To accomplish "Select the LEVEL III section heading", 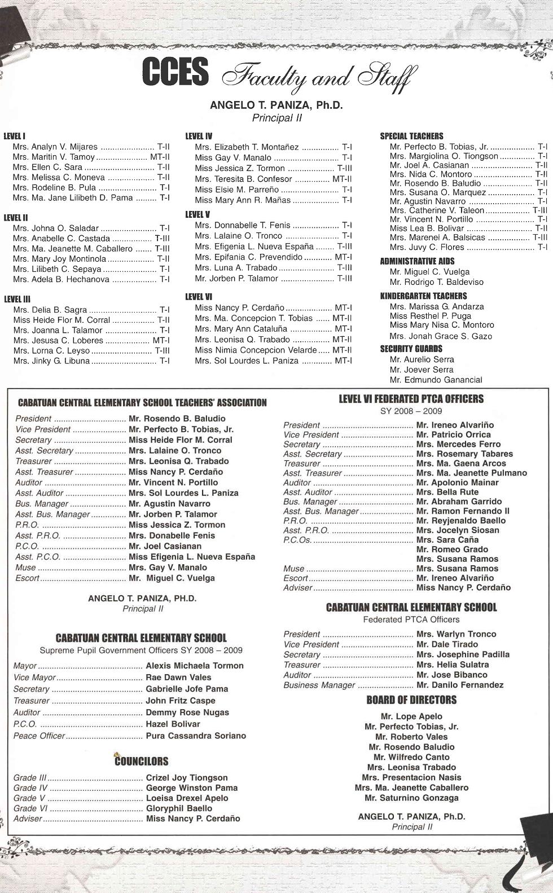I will point(17,299).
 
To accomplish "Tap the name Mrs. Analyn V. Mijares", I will point(55,147).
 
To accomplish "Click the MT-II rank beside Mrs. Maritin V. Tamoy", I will point(160,157).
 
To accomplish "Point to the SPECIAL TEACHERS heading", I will point(411,136).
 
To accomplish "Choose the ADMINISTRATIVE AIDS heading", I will point(417,261).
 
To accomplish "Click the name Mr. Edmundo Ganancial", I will point(436,380).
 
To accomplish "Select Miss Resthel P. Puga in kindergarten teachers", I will point(430,316).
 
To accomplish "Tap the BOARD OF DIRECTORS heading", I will point(411,700).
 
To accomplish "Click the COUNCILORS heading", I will point(142,762).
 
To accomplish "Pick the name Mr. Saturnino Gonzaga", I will point(411,798).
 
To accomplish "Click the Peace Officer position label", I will point(39,736).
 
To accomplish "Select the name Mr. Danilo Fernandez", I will point(459,685).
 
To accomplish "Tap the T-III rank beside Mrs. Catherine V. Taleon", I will point(540,210).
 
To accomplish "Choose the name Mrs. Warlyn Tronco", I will point(456,634).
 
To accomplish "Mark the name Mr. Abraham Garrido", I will point(458,502).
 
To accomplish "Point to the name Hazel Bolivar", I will point(173,724).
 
